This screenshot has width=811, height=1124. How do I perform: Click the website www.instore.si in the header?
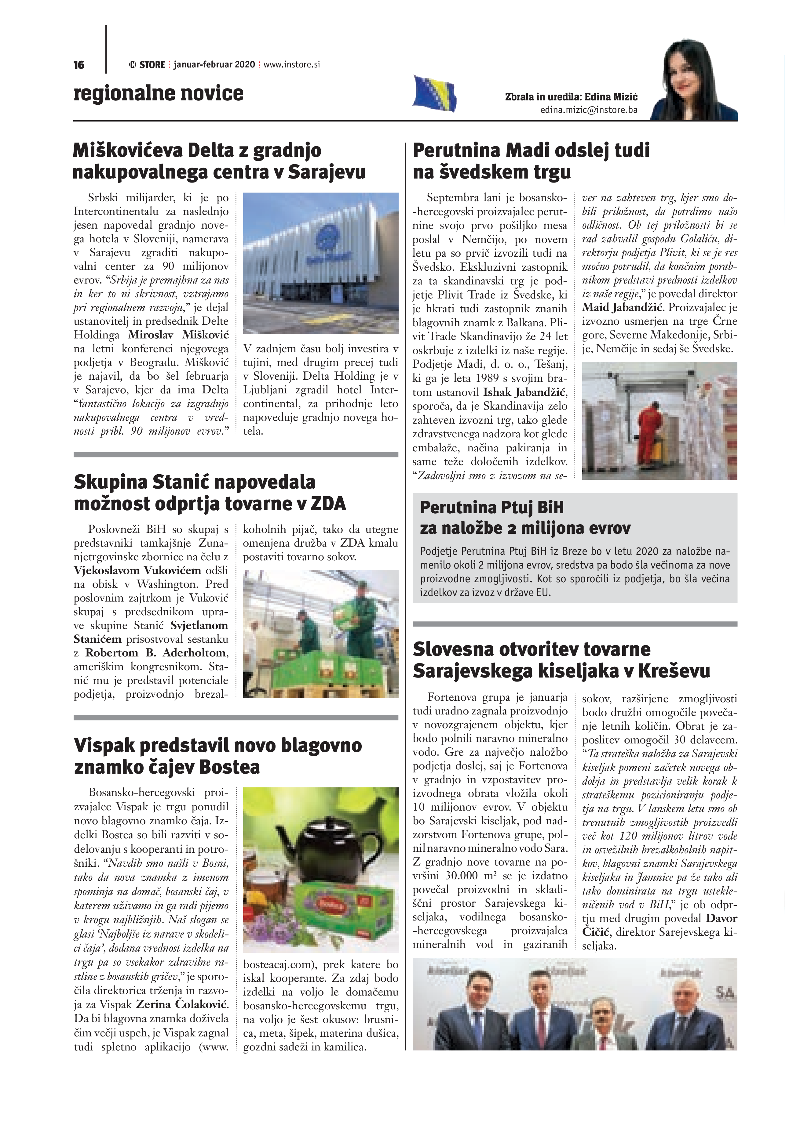point(292,64)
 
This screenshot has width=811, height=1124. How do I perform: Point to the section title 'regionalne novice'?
point(159,93)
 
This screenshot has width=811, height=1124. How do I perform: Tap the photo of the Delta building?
point(320,263)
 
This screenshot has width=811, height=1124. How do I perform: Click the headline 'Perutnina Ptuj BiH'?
point(491,508)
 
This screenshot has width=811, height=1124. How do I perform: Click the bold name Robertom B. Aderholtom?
point(156,653)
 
